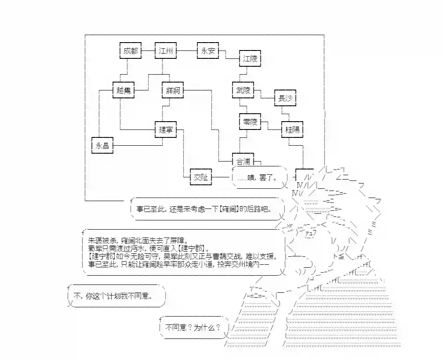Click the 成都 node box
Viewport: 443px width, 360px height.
click(130, 51)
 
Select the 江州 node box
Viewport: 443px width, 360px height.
click(166, 51)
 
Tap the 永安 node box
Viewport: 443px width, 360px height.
click(208, 51)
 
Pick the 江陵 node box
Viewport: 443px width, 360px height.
click(251, 59)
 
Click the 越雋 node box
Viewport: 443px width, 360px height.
click(123, 90)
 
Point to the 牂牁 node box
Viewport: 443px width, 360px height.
click(172, 90)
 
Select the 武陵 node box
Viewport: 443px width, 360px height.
click(243, 90)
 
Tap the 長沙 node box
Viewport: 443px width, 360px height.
click(285, 98)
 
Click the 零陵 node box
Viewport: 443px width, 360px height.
click(250, 122)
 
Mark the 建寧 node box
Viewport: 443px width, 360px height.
click(165, 130)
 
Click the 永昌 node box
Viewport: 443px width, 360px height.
click(102, 145)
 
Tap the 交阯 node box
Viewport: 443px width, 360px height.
click(201, 177)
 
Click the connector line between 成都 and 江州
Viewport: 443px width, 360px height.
click(148, 51)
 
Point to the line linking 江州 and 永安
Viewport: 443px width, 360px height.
click(187, 51)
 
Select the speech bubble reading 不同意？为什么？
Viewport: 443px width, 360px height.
click(193, 328)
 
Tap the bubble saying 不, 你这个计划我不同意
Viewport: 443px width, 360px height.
click(116, 296)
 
